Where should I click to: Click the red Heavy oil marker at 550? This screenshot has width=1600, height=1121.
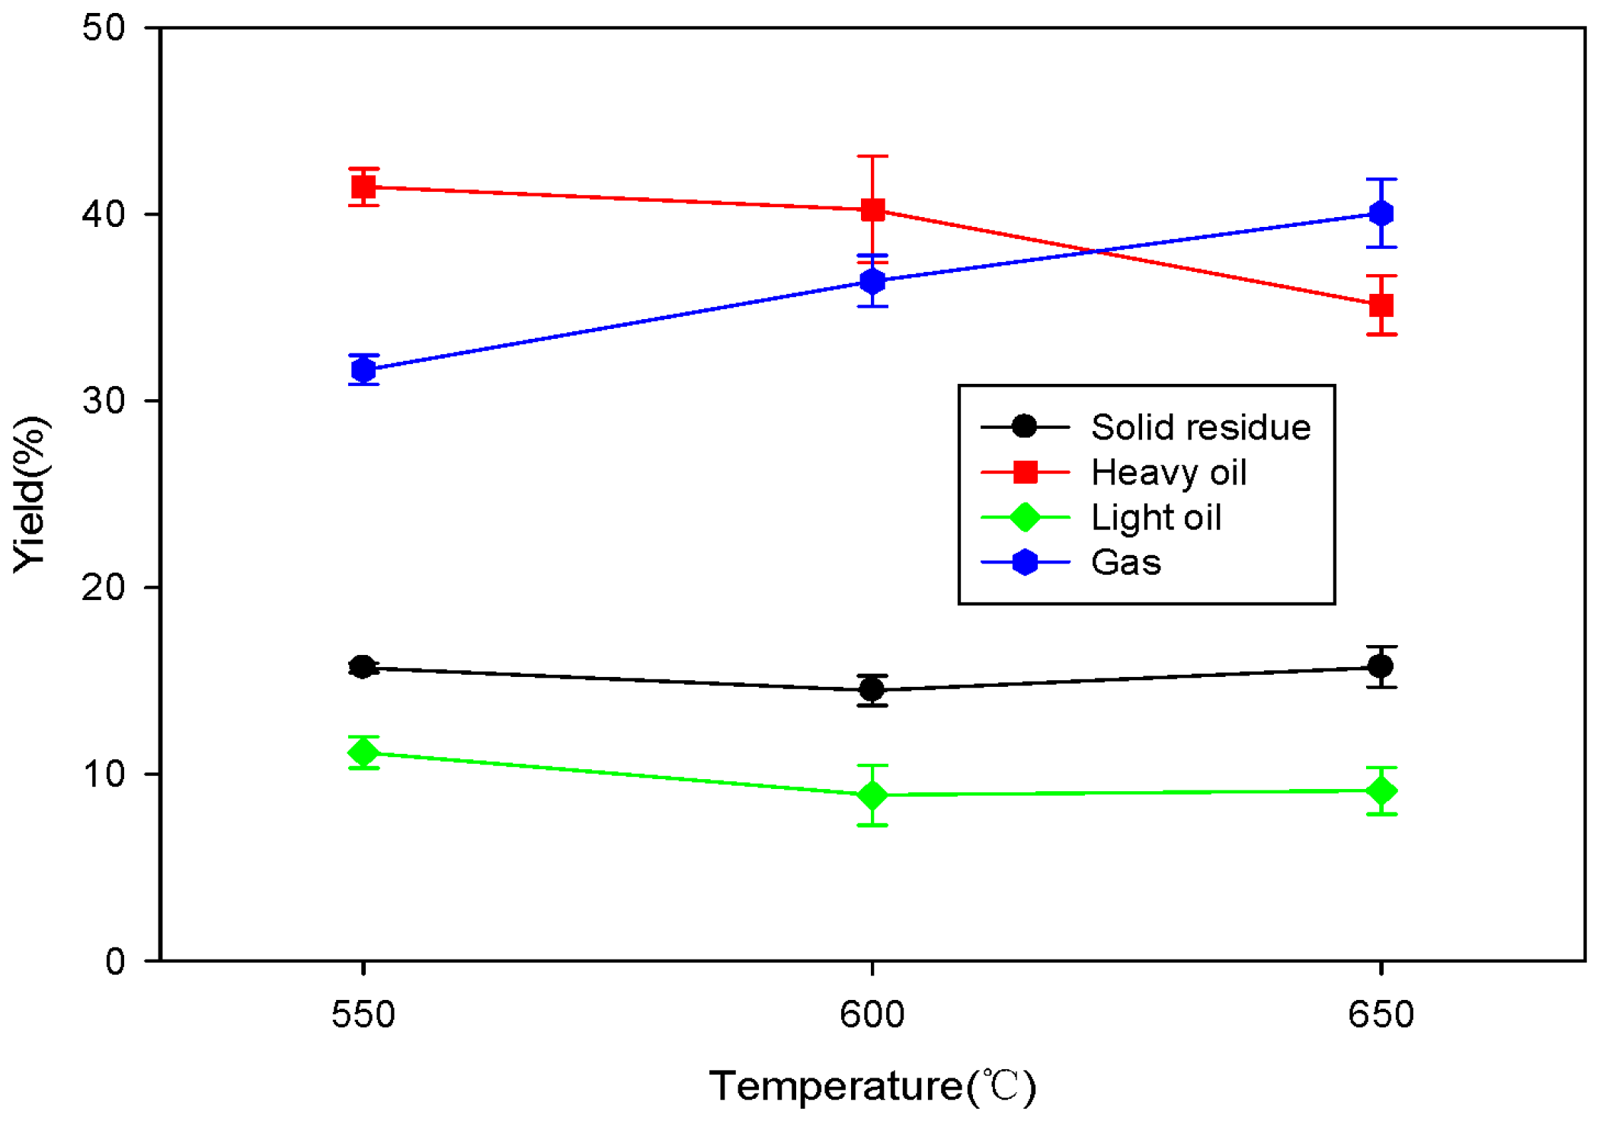pyautogui.click(x=363, y=187)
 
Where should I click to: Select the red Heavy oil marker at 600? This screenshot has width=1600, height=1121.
pyautogui.click(x=872, y=209)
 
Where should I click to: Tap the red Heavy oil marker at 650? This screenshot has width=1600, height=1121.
pyautogui.click(x=1381, y=305)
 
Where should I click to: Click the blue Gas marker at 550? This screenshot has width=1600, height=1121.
pyautogui.click(x=363, y=370)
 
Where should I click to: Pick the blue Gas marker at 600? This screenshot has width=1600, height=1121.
pyautogui.click(x=872, y=281)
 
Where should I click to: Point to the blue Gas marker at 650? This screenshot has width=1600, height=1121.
pyautogui.click(x=1381, y=213)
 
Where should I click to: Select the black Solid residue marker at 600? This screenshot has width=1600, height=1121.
pyautogui.click(x=872, y=690)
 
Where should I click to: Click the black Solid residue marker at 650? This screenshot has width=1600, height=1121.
pyautogui.click(x=1381, y=667)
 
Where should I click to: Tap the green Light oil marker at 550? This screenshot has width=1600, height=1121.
pyautogui.click(x=363, y=753)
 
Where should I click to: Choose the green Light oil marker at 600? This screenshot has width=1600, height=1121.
pyautogui.click(x=872, y=795)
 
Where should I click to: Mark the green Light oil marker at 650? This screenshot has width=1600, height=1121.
pyautogui.click(x=1381, y=791)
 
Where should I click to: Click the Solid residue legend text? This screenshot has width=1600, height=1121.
pyautogui.click(x=1200, y=427)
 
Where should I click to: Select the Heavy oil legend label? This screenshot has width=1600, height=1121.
pyautogui.click(x=1168, y=473)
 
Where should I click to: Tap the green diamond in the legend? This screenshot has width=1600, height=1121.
pyautogui.click(x=1025, y=517)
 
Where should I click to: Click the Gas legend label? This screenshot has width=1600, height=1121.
pyautogui.click(x=1125, y=563)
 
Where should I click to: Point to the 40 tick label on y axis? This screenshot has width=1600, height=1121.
pyautogui.click(x=104, y=214)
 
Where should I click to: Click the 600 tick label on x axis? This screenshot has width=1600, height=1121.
pyautogui.click(x=872, y=1014)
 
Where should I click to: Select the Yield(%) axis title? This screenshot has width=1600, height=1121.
pyautogui.click(x=30, y=493)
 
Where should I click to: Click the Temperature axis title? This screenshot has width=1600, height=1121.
pyautogui.click(x=872, y=1086)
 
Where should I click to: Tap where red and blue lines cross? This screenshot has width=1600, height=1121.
pyautogui.click(x=1095, y=251)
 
